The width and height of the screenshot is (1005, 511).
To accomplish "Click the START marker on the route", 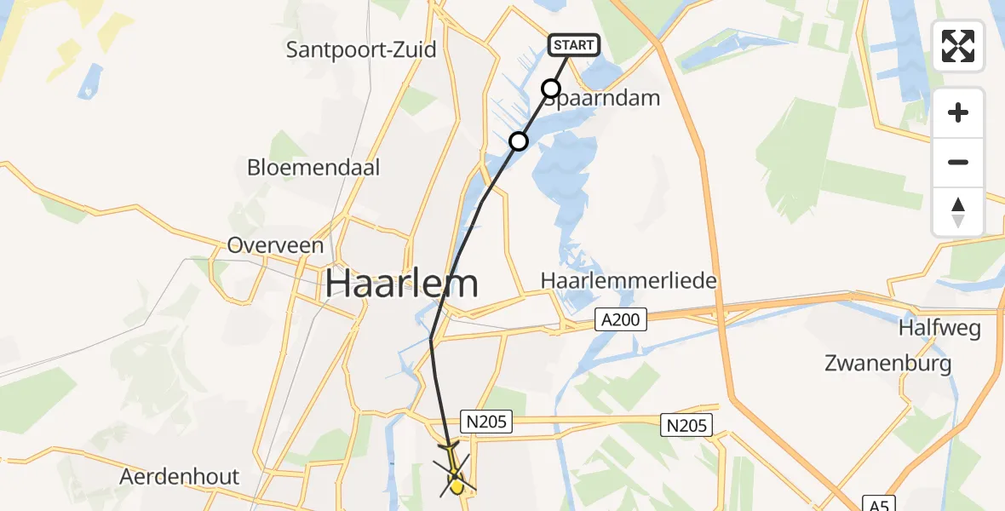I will [575, 45].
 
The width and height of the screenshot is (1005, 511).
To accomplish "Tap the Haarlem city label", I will [402, 284].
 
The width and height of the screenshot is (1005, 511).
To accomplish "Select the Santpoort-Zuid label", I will [361, 49].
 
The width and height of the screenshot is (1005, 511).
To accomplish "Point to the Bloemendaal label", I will [313, 167].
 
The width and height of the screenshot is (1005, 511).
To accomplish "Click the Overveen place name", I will [275, 246].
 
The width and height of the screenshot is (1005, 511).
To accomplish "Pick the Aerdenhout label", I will [180, 477].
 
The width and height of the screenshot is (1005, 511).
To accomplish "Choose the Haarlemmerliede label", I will [629, 280].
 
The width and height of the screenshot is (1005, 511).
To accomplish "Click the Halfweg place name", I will [939, 328].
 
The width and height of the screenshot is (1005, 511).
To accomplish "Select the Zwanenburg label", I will [887, 364].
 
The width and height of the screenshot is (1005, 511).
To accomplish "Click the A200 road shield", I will [621, 320].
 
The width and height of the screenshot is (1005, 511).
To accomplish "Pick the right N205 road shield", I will [687, 425].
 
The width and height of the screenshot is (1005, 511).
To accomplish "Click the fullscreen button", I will [958, 46].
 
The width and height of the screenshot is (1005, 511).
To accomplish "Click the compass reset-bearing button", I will [958, 212].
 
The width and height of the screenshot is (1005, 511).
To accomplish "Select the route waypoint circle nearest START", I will [551, 89].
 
